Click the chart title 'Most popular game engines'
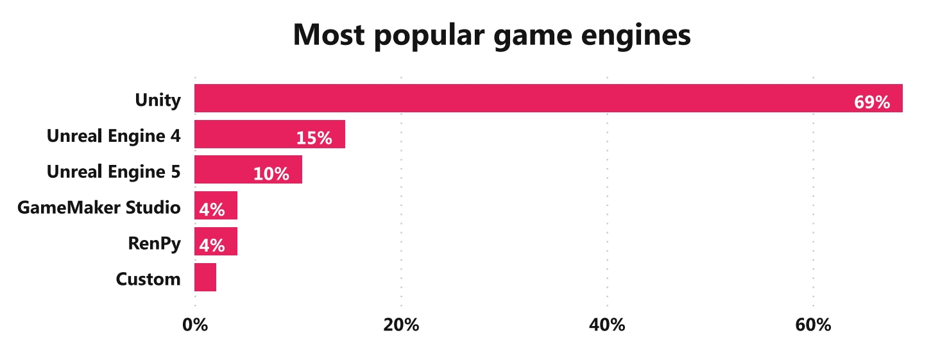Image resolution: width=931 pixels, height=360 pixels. [491, 35]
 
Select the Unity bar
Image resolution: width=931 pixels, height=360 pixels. [548, 98]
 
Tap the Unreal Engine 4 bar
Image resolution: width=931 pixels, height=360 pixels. [269, 134]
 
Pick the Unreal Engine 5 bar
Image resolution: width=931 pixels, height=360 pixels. [248, 170]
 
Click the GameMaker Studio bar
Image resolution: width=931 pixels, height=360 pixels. [216, 205]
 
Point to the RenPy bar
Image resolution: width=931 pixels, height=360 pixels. [216, 241]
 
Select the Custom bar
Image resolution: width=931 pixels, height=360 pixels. [205, 277]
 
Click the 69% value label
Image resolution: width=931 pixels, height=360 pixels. [872, 102]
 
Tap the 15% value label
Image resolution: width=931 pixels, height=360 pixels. [314, 138]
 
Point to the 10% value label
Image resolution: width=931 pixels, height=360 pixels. [271, 174]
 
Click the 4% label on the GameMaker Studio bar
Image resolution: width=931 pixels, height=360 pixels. [212, 209]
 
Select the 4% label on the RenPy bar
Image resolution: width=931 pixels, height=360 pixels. [212, 245]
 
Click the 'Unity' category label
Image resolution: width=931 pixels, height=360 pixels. [158, 100]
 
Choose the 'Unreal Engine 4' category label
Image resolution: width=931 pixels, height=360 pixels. [114, 136]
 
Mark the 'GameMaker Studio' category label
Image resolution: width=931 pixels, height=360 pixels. [99, 208]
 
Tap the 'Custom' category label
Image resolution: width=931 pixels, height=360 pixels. [148, 279]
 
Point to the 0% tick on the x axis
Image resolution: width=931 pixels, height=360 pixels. [195, 325]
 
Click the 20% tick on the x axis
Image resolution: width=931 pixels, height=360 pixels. [401, 325]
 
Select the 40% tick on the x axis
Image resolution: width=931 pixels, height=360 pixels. [607, 325]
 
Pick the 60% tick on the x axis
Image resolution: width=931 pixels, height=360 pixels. [813, 325]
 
